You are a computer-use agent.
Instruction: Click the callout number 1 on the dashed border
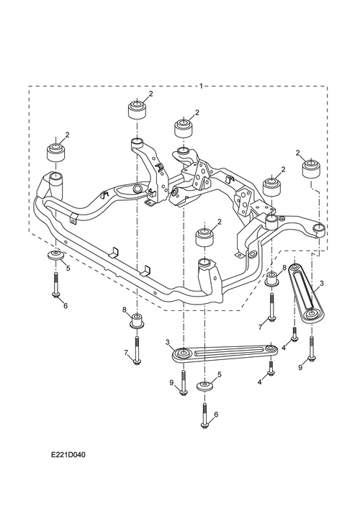pyautogui.click(x=202, y=86)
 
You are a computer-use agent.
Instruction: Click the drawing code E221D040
pyautogui.click(x=68, y=455)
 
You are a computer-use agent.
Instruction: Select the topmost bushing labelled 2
pyautogui.click(x=137, y=110)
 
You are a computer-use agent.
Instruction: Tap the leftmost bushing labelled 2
pyautogui.click(x=55, y=152)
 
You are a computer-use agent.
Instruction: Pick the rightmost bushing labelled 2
pyautogui.click(x=310, y=168)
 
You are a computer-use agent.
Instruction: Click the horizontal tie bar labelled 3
pyautogui.click(x=225, y=353)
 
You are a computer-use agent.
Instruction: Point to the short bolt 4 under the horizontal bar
pyautogui.click(x=271, y=369)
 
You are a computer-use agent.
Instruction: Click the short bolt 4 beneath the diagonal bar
pyautogui.click(x=294, y=334)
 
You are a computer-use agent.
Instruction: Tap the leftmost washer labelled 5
pyautogui.click(x=56, y=255)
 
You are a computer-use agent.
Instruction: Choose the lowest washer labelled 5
pyautogui.click(x=204, y=387)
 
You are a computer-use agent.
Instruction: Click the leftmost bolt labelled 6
pyautogui.click(x=56, y=284)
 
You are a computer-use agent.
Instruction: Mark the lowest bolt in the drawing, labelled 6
pyautogui.click(x=204, y=416)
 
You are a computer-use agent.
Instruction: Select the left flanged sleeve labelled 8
pyautogui.click(x=137, y=321)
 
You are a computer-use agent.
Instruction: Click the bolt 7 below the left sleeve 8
pyautogui.click(x=137, y=351)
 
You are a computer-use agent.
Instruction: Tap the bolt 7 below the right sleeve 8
pyautogui.click(x=271, y=307)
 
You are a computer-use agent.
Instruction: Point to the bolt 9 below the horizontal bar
pyautogui.click(x=184, y=383)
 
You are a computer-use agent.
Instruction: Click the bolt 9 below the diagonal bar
pyautogui.click(x=311, y=349)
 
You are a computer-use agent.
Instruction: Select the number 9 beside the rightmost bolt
pyautogui.click(x=300, y=368)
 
